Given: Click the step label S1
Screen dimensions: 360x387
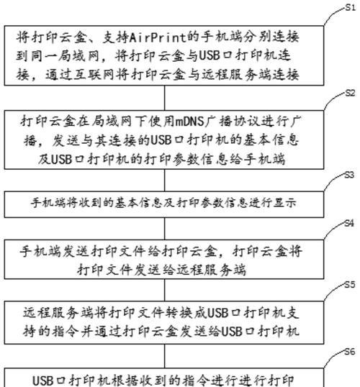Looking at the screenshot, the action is tap(351, 8).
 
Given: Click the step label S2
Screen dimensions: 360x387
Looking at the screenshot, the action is tap(351, 93).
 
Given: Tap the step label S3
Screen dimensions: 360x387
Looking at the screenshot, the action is tap(350, 175).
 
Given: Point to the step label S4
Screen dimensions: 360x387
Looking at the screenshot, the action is tap(350, 224).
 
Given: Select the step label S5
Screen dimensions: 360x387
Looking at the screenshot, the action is tap(350, 285).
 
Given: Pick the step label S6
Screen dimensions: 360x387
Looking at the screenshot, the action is tap(350, 352).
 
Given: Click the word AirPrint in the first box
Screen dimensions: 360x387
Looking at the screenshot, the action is tap(158, 37).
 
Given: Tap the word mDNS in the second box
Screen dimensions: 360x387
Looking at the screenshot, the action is tap(190, 122).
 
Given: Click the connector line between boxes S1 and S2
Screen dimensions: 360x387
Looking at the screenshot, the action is tap(165, 98).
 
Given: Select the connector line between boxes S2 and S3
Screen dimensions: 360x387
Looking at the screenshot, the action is tap(165, 180).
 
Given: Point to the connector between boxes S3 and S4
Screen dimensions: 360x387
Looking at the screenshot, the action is tap(165, 229).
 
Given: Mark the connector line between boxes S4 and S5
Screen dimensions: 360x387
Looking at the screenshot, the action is tap(165, 290).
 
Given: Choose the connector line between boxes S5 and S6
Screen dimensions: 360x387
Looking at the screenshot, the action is tap(165, 356).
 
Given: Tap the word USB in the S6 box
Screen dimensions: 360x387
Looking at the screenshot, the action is tap(42, 381).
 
